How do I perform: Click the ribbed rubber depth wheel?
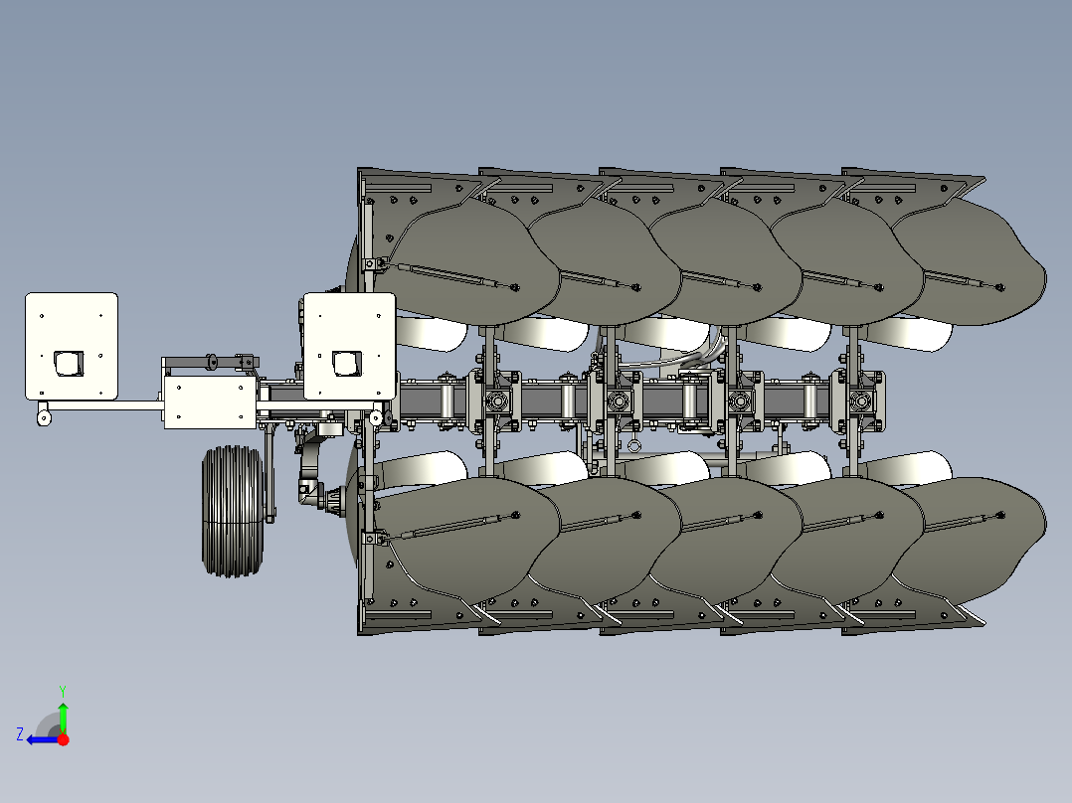(233, 511)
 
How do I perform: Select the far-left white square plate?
(72, 347)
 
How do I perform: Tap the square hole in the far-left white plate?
(69, 364)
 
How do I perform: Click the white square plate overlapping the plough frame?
(349, 347)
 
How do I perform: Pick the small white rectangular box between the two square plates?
(210, 402)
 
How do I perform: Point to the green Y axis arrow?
(63, 716)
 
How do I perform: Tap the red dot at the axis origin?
(63, 739)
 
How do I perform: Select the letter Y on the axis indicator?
(63, 691)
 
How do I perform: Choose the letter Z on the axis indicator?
(20, 734)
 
